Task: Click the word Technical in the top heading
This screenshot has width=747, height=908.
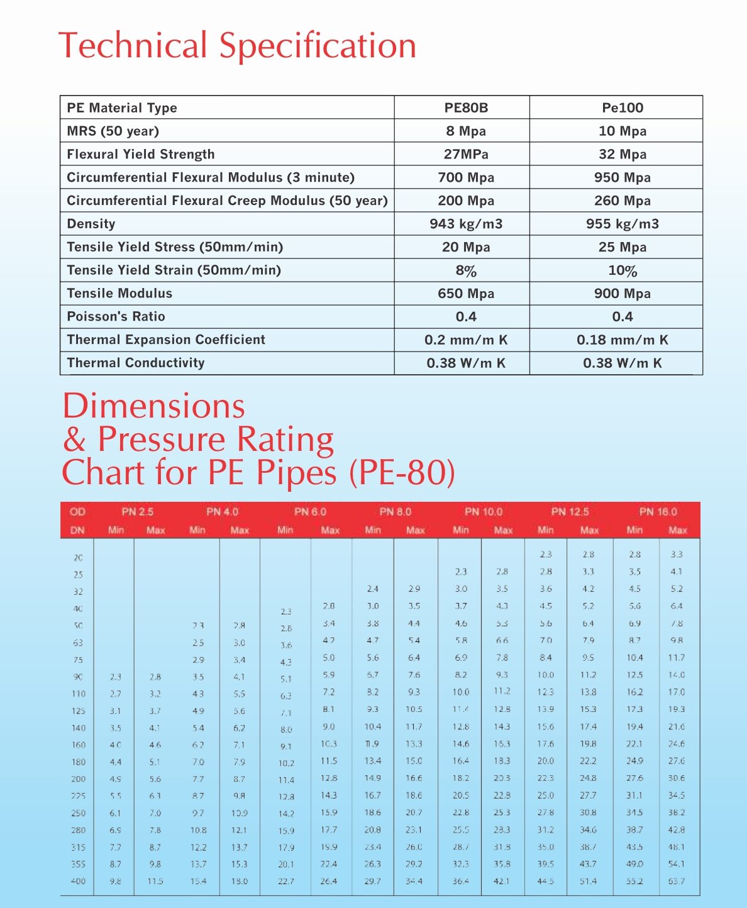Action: pyautogui.click(x=133, y=46)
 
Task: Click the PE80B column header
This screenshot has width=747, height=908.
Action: pyautogui.click(x=466, y=108)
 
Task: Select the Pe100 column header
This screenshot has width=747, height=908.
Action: pyautogui.click(x=622, y=108)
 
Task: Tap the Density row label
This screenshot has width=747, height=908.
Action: pyautogui.click(x=91, y=224)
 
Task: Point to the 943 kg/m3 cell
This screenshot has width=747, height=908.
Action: pyautogui.click(x=466, y=224)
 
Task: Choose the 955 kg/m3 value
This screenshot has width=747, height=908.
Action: pyautogui.click(x=622, y=224)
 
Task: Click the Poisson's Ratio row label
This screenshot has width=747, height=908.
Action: pyautogui.click(x=116, y=316)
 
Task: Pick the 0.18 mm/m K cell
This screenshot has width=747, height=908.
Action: pyautogui.click(x=622, y=340)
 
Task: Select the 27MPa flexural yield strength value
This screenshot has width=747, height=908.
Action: pyautogui.click(x=466, y=154)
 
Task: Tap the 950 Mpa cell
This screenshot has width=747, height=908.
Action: pyautogui.click(x=622, y=177)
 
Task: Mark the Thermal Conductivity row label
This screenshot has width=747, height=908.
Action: pyautogui.click(x=136, y=363)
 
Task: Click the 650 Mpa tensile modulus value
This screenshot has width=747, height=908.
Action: pyautogui.click(x=466, y=294)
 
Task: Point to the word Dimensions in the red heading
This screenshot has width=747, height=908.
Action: pyautogui.click(x=154, y=406)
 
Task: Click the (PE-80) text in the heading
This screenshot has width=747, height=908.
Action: pyautogui.click(x=402, y=473)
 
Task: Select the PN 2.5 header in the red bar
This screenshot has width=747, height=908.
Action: pyautogui.click(x=138, y=512)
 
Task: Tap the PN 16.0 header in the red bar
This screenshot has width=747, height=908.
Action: pyautogui.click(x=658, y=512)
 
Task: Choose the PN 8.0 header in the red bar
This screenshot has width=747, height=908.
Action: pyautogui.click(x=395, y=512)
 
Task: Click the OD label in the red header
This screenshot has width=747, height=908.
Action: pyautogui.click(x=77, y=512)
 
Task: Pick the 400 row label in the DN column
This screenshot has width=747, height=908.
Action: pyautogui.click(x=78, y=882)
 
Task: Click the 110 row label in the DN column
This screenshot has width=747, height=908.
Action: pyautogui.click(x=78, y=694)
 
